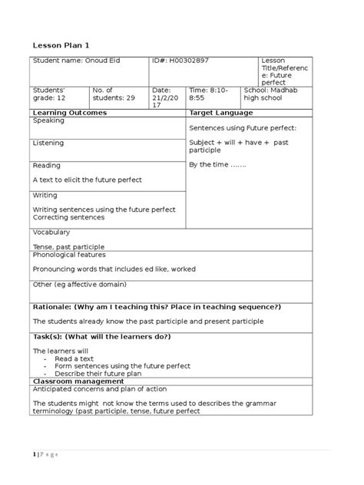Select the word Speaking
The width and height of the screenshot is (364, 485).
click(48, 120)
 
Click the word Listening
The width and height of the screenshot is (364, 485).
click(48, 143)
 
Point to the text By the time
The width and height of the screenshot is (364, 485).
click(217, 164)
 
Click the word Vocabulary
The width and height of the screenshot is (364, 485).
click(51, 232)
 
